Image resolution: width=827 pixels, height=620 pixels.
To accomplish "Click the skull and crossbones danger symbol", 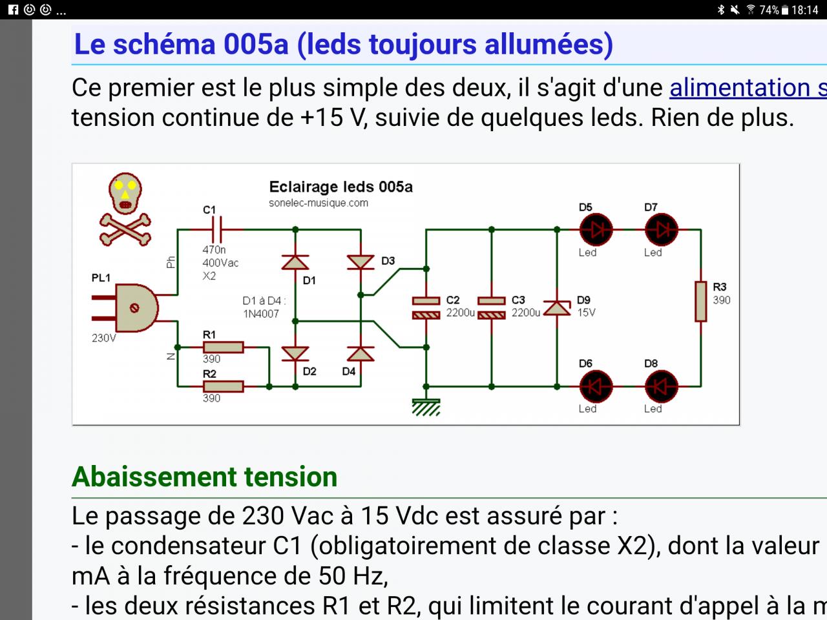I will click(125, 209).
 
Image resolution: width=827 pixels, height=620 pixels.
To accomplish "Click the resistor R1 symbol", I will click(223, 347).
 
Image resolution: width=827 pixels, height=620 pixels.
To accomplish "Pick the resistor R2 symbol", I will click(223, 386).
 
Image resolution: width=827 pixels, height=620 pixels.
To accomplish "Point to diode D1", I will click(295, 262).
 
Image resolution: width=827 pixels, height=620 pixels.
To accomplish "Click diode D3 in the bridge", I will click(361, 262).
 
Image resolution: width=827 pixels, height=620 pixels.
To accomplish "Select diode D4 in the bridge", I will click(361, 353).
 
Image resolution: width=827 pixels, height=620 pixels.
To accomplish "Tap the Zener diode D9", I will click(557, 307).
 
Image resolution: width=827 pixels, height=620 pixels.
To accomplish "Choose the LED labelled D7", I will click(661, 229).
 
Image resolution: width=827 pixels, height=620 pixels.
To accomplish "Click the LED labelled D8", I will click(661, 386).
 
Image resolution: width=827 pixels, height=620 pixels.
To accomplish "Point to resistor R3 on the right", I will click(701, 301).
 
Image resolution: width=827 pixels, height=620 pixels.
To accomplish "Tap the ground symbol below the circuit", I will click(426, 407).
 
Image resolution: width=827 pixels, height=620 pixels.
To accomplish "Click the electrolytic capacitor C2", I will click(426, 307).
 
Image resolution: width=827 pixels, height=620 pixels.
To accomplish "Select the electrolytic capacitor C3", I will click(492, 307).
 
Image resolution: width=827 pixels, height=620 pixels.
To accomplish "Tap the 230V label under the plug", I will click(103, 338).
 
